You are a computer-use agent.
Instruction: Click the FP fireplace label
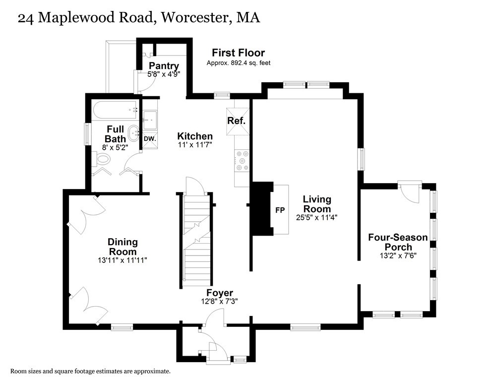[280, 210]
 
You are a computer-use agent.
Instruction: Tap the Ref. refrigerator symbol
[237, 121]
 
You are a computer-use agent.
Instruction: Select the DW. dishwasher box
[150, 139]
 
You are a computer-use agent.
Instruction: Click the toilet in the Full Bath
[103, 159]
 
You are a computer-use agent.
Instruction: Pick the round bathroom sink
[134, 133]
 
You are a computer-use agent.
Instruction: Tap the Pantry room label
[164, 66]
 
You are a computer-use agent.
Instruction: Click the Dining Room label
[123, 247]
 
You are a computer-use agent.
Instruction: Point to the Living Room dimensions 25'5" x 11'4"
[317, 217]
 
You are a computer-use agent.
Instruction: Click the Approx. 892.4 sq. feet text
[238, 63]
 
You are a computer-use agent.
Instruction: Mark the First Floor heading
[238, 53]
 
